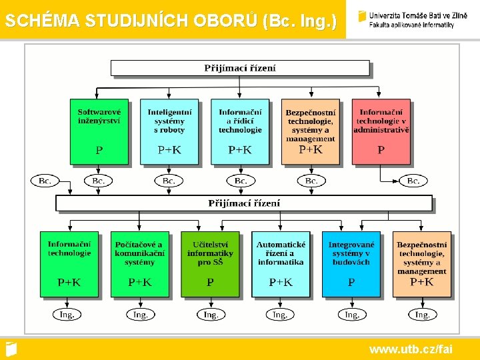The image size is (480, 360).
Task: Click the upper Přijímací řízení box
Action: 240,68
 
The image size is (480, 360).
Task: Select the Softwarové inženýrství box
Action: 99,131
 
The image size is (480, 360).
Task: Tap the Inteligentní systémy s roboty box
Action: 169,131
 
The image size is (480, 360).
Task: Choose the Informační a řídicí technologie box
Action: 240,131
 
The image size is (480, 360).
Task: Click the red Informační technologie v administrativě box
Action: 381,131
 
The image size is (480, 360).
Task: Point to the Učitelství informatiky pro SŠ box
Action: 210,263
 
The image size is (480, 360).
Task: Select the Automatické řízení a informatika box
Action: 281,263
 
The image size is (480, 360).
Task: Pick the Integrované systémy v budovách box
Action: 351,263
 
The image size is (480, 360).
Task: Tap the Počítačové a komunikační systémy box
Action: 139,263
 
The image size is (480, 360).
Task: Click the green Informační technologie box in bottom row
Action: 69,263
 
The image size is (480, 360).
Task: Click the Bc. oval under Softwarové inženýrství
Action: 99,181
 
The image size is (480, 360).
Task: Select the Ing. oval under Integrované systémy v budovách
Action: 351,314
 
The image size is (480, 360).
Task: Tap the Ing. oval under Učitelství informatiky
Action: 210,314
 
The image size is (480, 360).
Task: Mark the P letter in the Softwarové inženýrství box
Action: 99,151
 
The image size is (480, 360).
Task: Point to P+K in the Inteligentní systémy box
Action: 169,151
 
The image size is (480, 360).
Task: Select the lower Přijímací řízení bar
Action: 244,203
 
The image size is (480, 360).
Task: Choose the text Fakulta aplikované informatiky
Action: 411,25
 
